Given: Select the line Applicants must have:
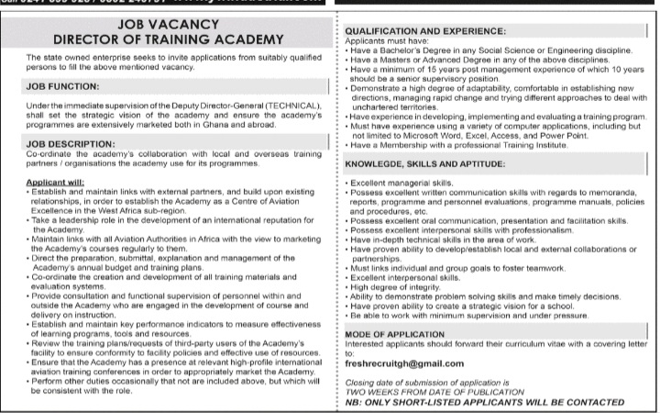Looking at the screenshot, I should tap(385, 41).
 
